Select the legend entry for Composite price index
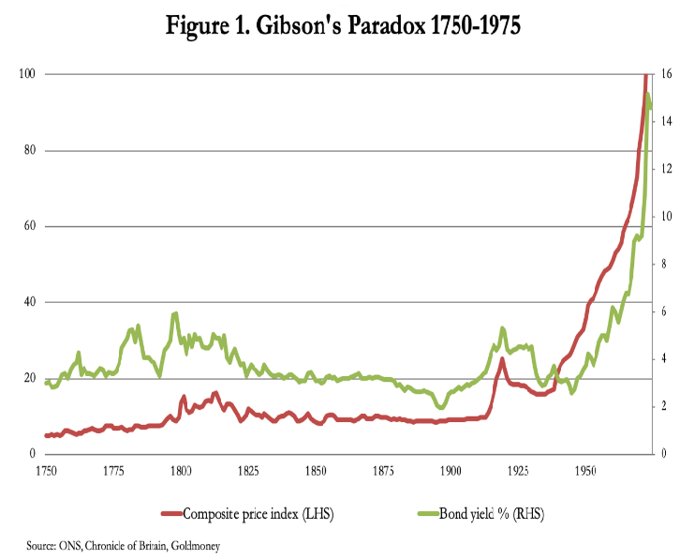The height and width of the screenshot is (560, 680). click(248, 513)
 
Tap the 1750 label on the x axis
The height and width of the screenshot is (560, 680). click(45, 468)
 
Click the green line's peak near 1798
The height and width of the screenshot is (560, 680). click(175, 313)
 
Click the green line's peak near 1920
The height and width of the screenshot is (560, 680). click(503, 327)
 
